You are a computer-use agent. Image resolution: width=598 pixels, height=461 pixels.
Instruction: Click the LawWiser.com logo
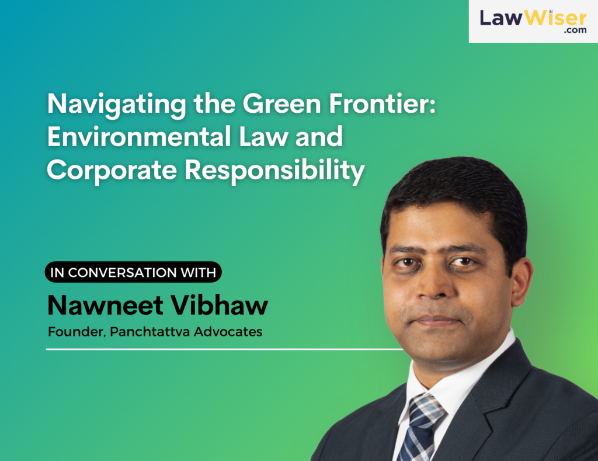coord(533,22)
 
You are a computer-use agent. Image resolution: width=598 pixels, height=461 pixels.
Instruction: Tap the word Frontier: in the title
coord(383,103)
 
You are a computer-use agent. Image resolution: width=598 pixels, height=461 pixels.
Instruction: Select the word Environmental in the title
coord(139,137)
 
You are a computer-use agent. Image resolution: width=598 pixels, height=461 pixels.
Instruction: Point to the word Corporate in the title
coord(112,170)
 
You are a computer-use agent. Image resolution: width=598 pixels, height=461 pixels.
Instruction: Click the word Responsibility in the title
coord(275,170)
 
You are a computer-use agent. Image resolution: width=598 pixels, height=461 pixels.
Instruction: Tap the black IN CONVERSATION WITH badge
coord(133,272)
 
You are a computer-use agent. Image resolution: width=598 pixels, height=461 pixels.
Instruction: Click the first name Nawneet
coord(105,306)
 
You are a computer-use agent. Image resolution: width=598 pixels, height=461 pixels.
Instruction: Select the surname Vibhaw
coord(219,305)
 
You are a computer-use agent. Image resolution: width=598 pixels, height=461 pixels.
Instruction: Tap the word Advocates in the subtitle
coord(228,332)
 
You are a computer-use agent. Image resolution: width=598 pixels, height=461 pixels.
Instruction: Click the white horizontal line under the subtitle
coord(225,349)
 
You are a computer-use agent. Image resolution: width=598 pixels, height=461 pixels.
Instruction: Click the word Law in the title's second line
coord(263,137)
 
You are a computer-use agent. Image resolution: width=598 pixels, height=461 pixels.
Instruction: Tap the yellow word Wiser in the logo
coord(555,18)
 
